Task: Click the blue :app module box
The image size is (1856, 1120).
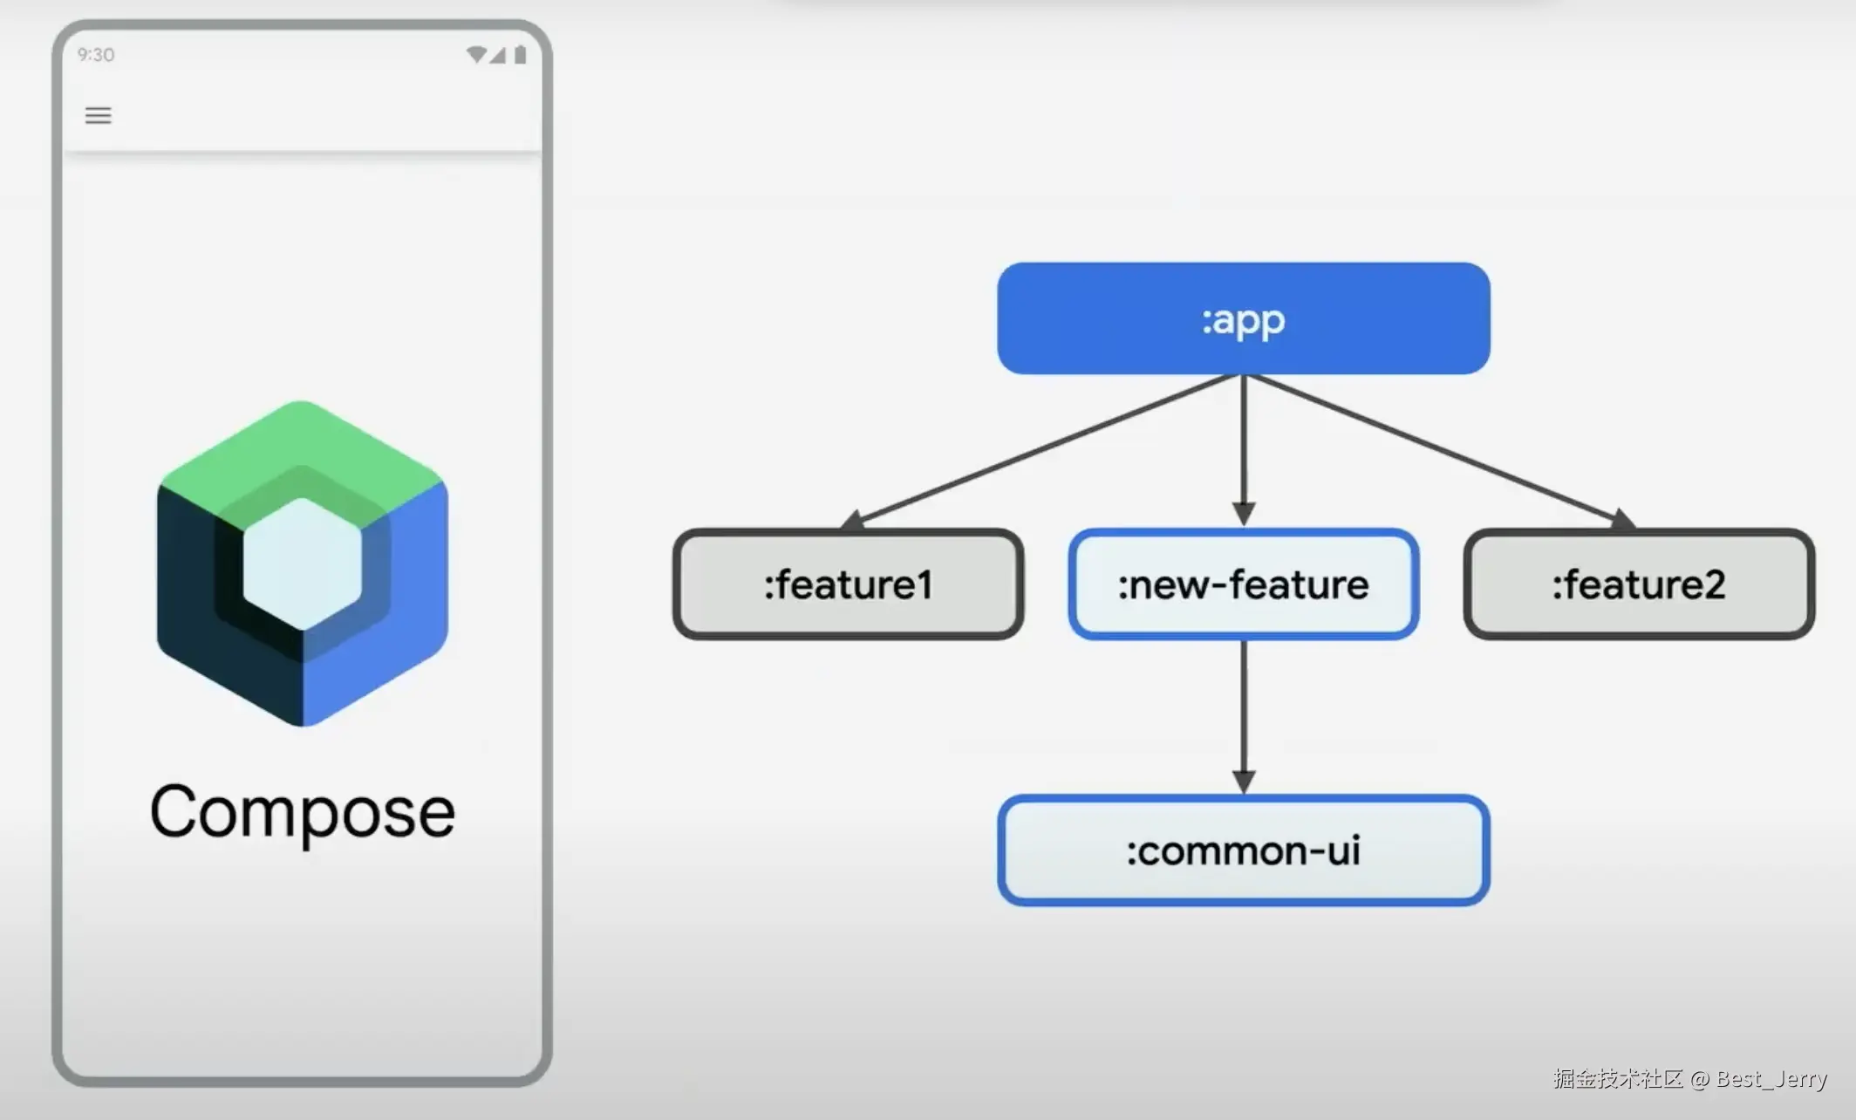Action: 1244,318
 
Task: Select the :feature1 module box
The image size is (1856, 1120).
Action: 849,584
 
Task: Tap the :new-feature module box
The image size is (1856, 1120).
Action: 1244,584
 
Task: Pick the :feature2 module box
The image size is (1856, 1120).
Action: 1639,584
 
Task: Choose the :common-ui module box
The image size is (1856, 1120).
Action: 1244,850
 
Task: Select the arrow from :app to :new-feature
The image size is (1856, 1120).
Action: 1244,450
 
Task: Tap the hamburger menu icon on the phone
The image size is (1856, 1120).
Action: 98,115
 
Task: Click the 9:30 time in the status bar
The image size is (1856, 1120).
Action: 96,55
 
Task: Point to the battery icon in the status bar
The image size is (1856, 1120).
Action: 521,55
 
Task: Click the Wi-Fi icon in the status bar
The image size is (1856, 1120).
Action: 476,55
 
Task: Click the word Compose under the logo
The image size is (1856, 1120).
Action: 303,812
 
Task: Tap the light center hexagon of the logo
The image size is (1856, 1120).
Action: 302,563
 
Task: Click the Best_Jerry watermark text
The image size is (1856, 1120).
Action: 1771,1080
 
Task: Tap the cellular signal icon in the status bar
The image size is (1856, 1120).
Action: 497,55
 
